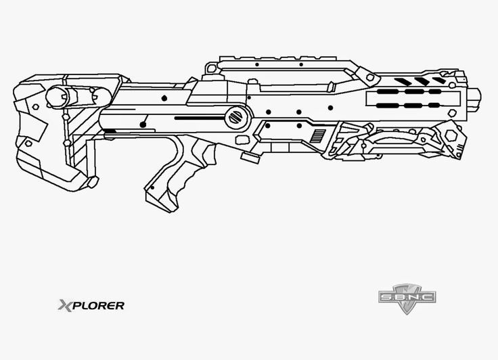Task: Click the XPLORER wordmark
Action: tap(91, 305)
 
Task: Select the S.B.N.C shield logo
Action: tap(406, 297)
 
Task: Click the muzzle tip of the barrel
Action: tap(476, 96)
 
